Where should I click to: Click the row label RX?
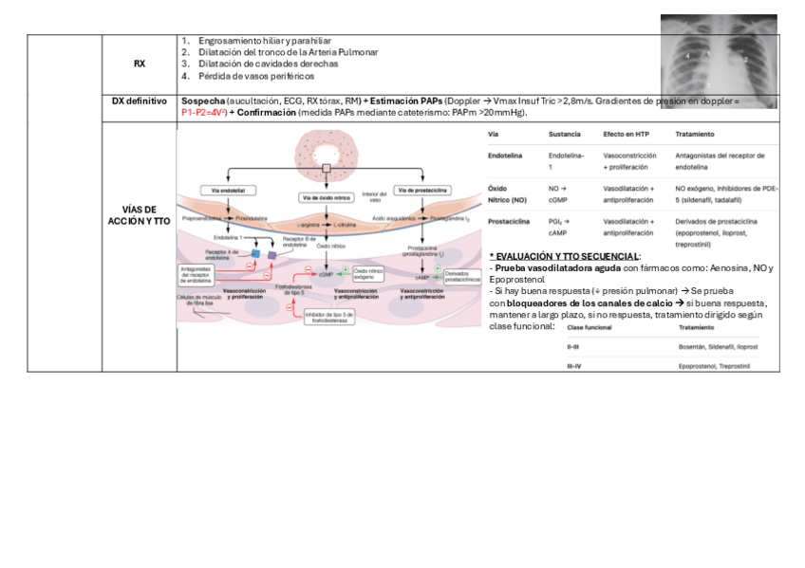[140, 64]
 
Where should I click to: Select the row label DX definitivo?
[140, 101]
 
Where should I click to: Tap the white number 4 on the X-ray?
[686, 57]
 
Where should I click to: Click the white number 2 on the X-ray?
[746, 60]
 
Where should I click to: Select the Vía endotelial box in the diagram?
[228, 191]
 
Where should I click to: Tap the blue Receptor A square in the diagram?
[255, 255]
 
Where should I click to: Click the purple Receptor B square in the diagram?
[272, 255]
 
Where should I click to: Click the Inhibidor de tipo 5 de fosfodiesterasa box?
[328, 318]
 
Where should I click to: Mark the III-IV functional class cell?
[574, 364]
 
